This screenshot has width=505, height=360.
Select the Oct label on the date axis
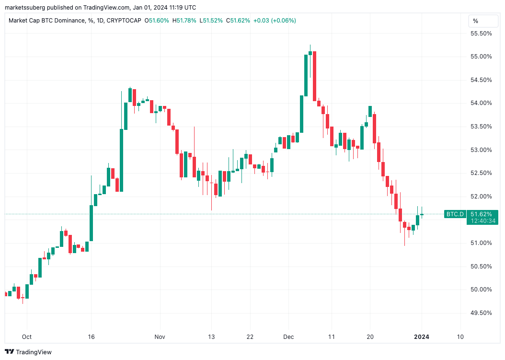27,337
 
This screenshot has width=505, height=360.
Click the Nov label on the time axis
160,337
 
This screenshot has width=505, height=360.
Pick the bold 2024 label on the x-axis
422,337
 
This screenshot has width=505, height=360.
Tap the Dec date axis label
289,337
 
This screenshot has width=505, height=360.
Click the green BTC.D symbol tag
455,214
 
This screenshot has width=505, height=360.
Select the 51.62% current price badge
481,214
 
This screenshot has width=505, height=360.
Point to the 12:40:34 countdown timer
482,221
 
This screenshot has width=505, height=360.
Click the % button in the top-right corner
475,21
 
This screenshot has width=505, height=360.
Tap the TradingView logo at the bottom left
29,352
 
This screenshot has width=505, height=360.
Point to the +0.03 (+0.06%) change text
275,21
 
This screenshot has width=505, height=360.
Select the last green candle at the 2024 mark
422,214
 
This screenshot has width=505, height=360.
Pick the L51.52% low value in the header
212,21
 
